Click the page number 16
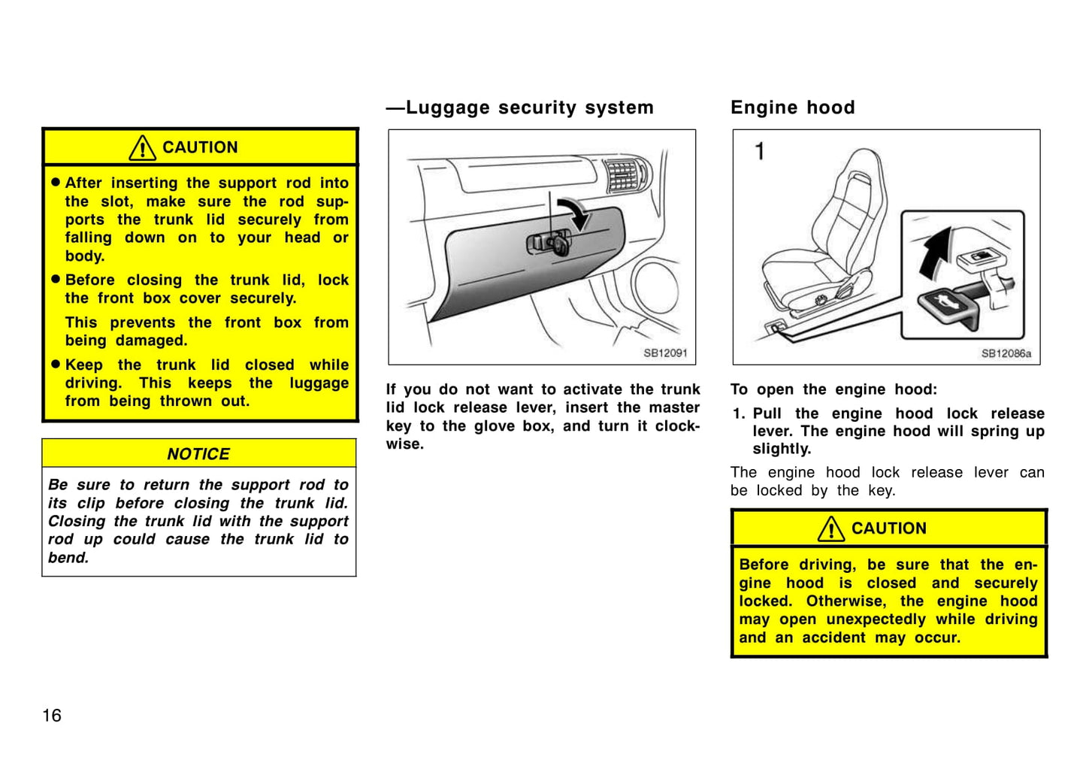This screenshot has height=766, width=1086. [52, 715]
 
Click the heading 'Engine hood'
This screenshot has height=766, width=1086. [792, 107]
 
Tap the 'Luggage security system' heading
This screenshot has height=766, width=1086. [529, 107]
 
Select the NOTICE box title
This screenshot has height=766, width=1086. [198, 454]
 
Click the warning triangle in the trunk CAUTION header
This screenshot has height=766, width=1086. [142, 148]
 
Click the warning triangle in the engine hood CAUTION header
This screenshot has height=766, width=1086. [831, 529]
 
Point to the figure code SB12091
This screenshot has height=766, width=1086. [665, 353]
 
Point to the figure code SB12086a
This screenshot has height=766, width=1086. [1006, 353]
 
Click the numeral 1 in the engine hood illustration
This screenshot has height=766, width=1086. [760, 151]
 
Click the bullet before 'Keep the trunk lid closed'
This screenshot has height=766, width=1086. [56, 365]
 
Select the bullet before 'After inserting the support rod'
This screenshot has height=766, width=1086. [56, 183]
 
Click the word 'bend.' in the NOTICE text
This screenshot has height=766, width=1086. [68, 558]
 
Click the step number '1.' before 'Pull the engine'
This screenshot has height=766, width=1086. [739, 413]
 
